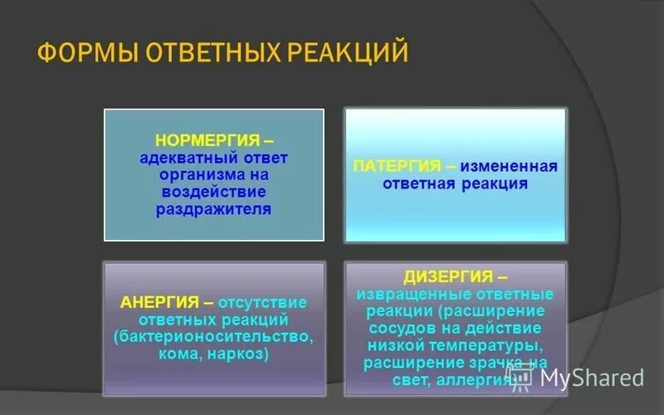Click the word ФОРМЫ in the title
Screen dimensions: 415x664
87,54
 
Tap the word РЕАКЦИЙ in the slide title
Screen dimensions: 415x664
347,54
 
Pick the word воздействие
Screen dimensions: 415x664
213,192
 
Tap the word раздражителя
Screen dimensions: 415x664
213,209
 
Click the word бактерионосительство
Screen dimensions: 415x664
213,337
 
